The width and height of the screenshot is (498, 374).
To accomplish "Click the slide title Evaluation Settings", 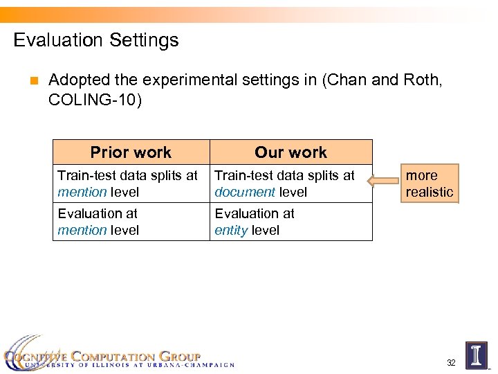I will [x=96, y=40].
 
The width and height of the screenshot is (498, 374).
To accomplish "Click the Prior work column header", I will [x=131, y=152].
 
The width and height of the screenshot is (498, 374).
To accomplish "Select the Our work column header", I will [x=290, y=152].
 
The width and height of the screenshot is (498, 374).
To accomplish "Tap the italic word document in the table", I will [x=245, y=193].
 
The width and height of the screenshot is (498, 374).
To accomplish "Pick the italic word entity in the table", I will [x=231, y=231].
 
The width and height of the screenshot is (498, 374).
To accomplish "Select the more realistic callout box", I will [x=430, y=184].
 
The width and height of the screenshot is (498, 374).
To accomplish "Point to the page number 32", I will [x=451, y=363].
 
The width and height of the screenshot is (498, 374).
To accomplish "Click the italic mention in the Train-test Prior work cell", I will [x=82, y=193].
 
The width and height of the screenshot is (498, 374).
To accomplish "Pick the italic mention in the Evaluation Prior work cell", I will [x=82, y=231].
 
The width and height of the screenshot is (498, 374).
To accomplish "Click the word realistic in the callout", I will [x=430, y=193].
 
